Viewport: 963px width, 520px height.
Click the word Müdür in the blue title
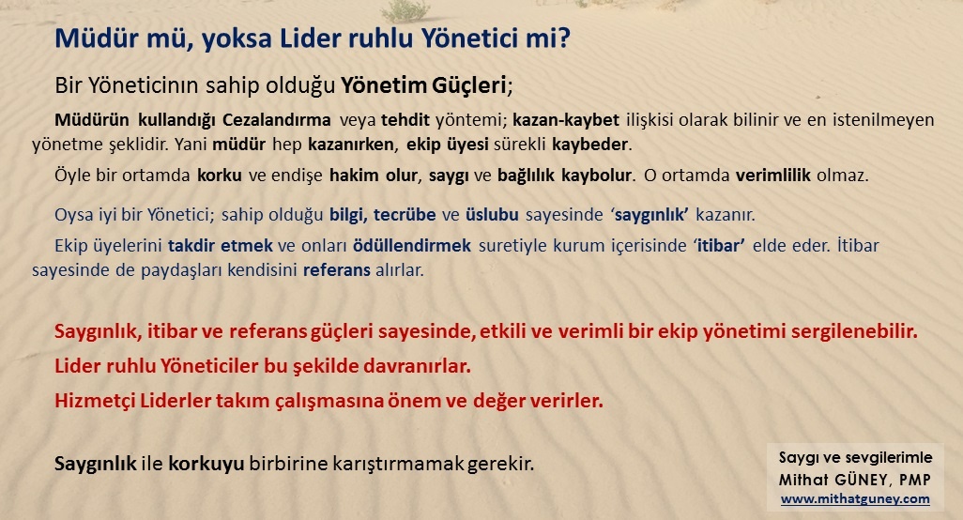92,38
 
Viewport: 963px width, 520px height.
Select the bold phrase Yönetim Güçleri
423,85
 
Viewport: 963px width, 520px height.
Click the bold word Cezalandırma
276,120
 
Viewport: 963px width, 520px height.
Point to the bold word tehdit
405,120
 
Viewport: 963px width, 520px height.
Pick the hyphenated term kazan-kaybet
566,120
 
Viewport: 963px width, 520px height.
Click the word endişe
298,176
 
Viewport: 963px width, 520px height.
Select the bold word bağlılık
527,176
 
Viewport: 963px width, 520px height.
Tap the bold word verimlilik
773,176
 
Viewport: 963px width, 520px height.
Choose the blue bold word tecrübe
405,215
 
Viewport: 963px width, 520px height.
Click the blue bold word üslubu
492,215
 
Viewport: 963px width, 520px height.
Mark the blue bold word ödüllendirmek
411,246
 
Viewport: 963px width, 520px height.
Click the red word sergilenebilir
854,331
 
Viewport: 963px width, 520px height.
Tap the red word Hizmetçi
95,400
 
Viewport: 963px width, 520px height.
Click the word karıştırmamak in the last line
398,464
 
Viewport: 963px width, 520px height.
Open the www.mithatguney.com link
855,499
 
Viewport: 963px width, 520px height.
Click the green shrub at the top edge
405,10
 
